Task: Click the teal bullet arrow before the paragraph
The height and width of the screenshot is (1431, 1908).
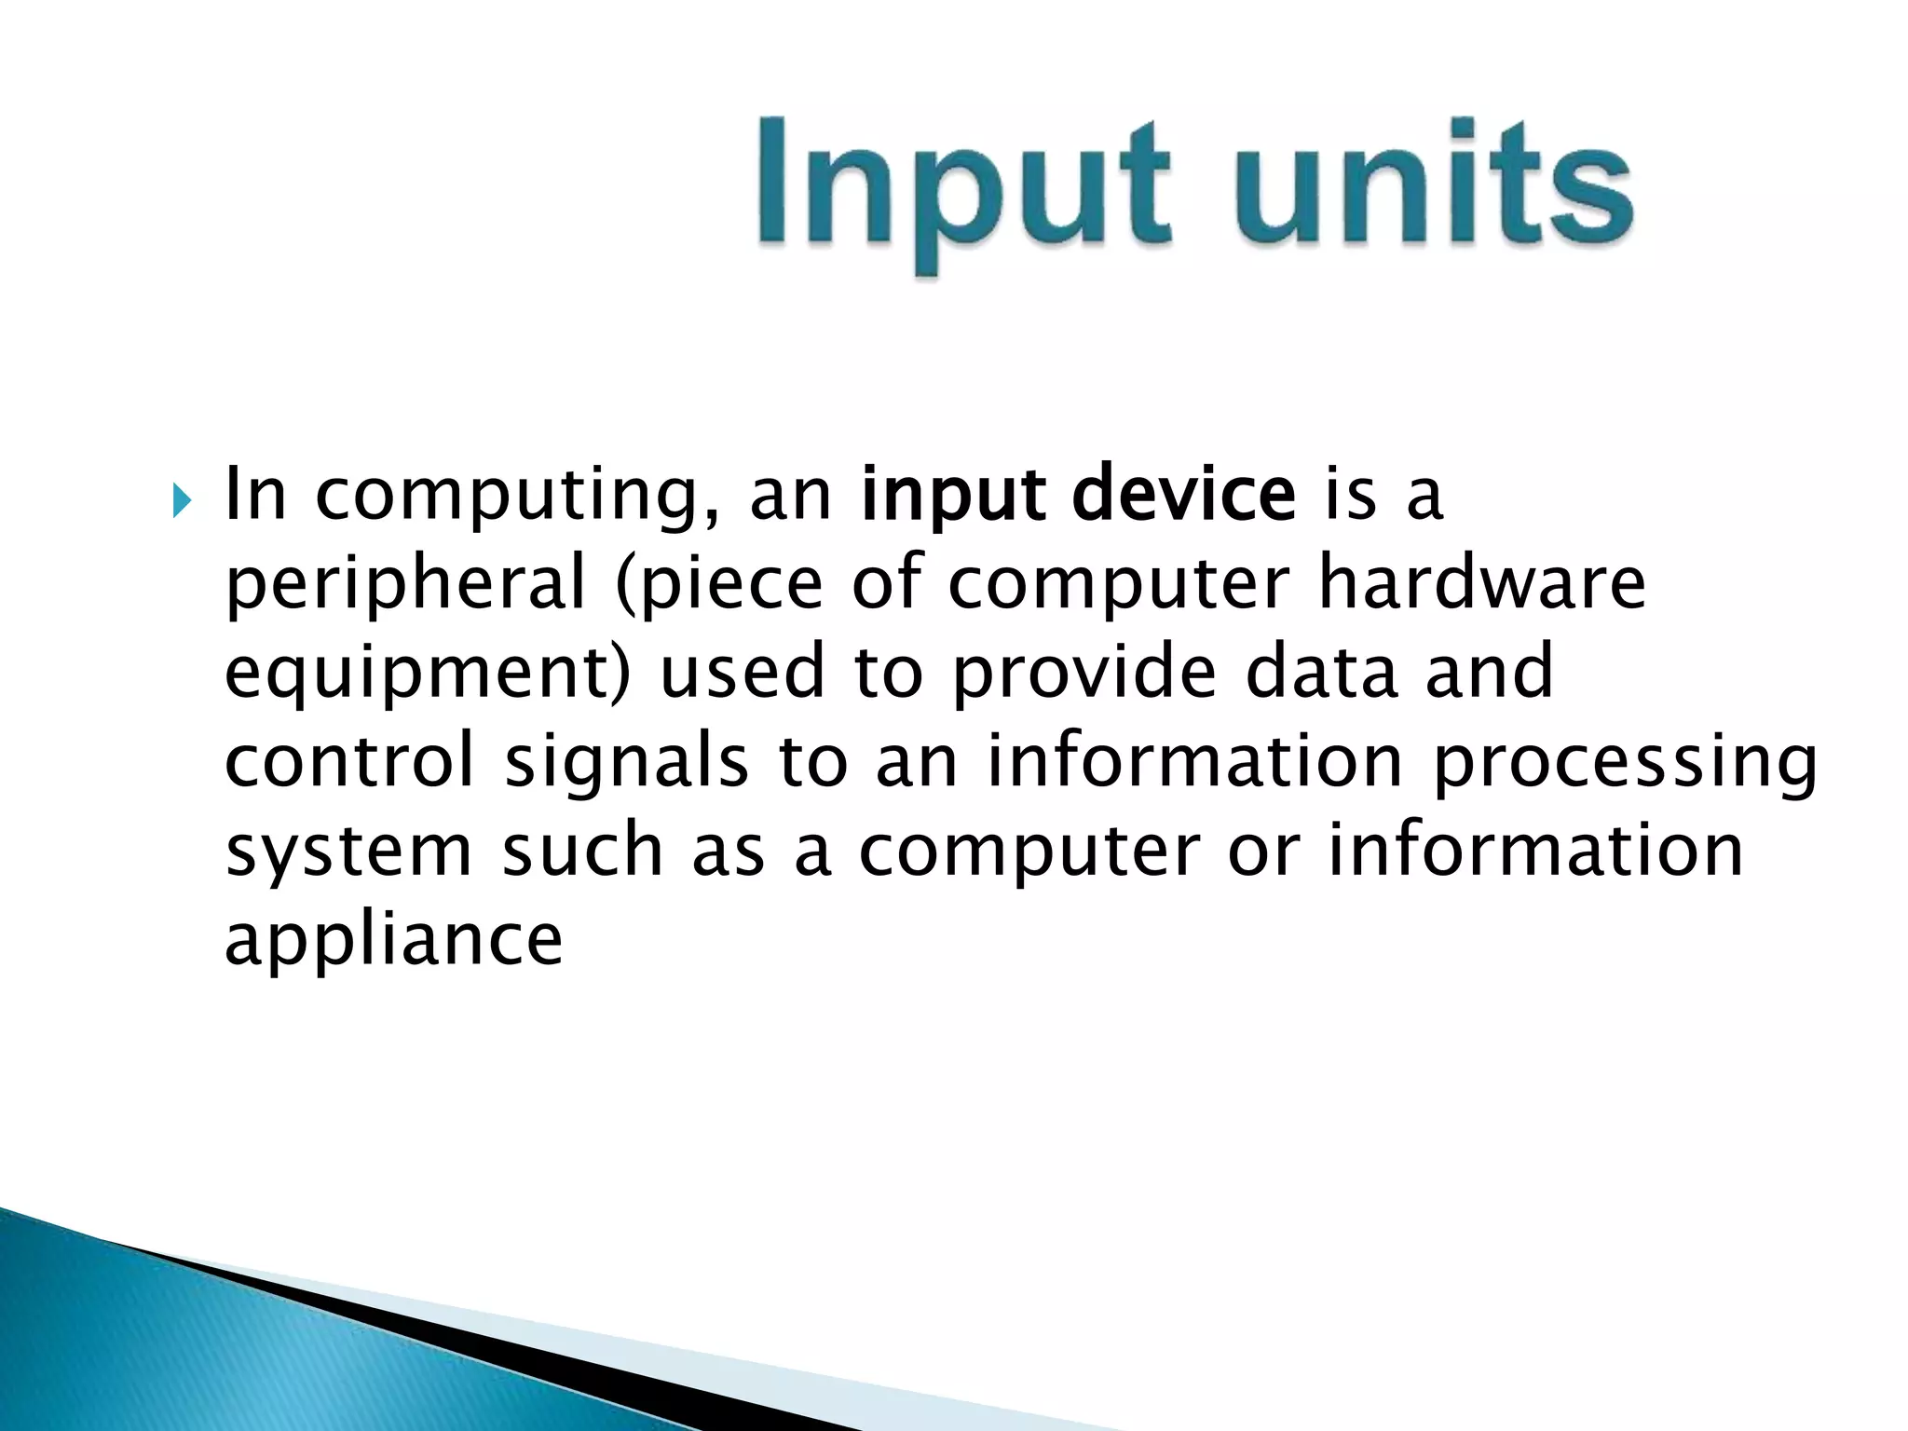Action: [181, 504]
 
